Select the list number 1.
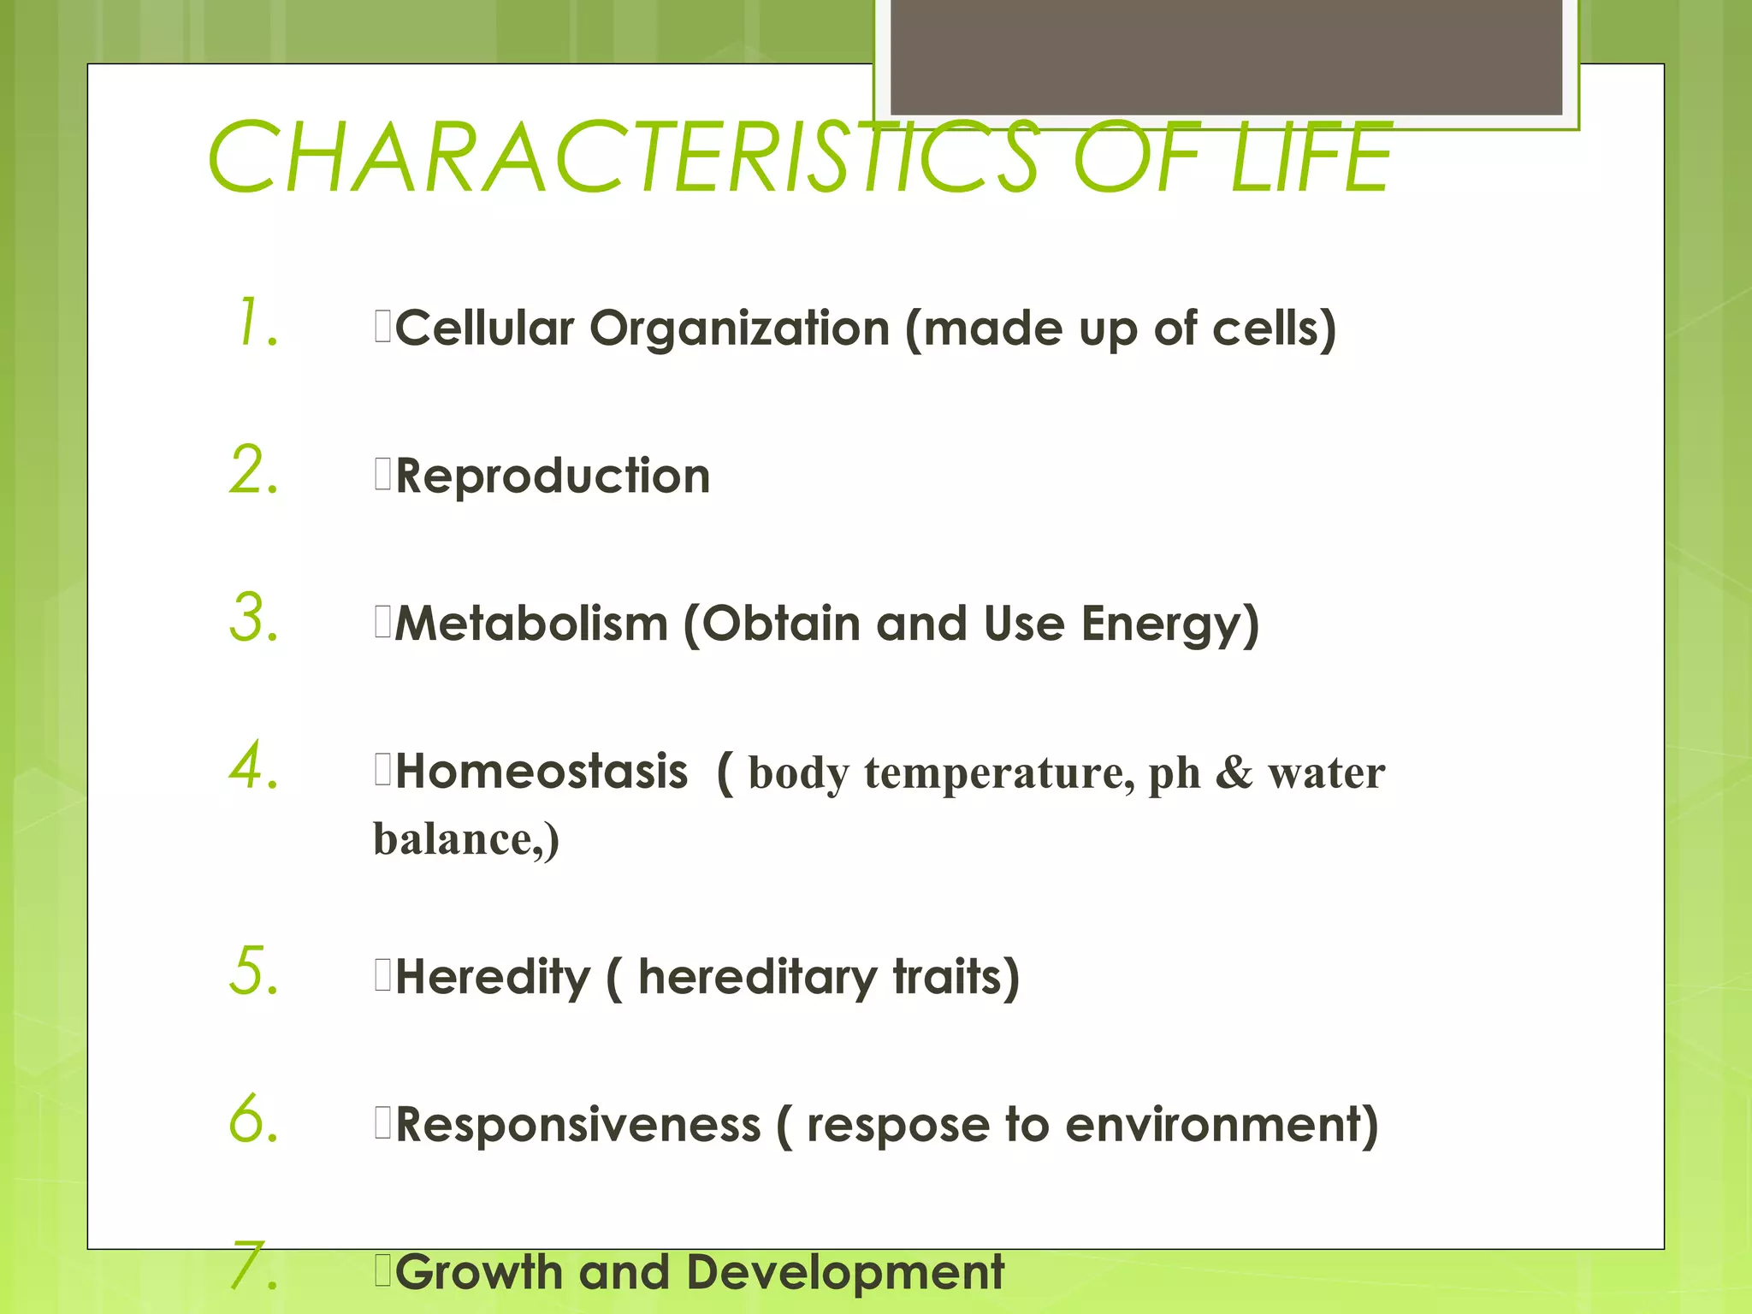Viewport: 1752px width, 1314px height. coord(257,323)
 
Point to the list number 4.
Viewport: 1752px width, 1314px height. coord(254,766)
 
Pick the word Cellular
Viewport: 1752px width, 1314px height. coord(484,328)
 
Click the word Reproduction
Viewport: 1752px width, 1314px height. coord(553,476)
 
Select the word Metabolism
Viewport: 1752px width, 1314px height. coord(531,624)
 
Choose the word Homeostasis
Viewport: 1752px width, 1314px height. coord(542,772)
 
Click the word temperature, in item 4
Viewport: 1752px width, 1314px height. coord(999,773)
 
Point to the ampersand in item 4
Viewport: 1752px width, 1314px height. coord(1234,772)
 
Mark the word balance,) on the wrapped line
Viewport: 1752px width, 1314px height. coord(466,839)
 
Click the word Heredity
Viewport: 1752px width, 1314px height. coord(493,977)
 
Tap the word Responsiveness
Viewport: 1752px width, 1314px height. coord(577,1125)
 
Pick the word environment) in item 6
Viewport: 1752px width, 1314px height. coord(1222,1125)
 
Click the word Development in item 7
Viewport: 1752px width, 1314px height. coord(845,1272)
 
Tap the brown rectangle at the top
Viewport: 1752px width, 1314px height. coord(1226,56)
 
